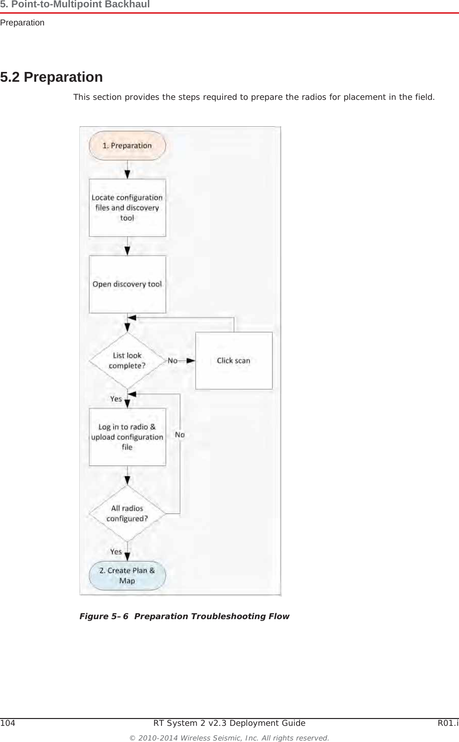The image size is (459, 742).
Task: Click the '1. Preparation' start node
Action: point(127,146)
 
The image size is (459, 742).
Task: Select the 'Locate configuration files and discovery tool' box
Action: point(127,208)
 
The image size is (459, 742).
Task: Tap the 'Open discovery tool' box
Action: point(127,284)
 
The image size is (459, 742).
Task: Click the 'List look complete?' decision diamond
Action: point(127,361)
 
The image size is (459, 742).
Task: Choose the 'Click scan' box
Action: point(233,361)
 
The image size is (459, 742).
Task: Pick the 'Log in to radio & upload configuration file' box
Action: point(127,437)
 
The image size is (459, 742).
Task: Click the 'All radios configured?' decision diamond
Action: point(127,513)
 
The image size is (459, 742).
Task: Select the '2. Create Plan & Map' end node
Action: point(127,576)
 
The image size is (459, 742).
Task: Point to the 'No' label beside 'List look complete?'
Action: point(173,361)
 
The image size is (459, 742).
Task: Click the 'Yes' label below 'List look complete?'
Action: point(116,399)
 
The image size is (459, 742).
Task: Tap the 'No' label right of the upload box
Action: point(180,435)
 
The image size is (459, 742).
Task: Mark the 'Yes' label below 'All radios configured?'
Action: point(116,552)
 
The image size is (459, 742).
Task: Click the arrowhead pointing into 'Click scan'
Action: point(191,361)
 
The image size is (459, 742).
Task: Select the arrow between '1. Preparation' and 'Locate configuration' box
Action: point(127,170)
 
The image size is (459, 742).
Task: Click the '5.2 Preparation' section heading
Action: point(51,77)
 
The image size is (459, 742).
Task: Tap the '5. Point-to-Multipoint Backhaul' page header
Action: point(75,5)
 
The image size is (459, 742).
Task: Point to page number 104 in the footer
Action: point(8,723)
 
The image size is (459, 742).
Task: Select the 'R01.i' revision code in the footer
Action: point(448,723)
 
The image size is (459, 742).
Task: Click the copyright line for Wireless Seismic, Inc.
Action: point(229,738)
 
